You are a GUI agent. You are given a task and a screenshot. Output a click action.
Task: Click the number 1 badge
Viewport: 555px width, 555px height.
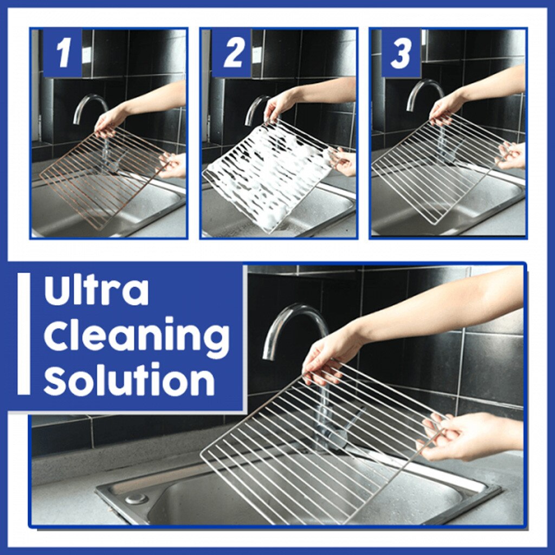[63, 53]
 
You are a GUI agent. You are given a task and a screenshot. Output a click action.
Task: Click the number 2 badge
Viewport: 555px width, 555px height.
[233, 53]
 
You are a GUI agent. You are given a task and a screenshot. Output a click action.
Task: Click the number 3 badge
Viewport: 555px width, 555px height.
[401, 53]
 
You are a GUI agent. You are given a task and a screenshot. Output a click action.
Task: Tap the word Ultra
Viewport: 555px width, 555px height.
[96, 291]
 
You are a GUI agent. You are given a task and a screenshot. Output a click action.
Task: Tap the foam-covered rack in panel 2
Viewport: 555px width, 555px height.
[266, 173]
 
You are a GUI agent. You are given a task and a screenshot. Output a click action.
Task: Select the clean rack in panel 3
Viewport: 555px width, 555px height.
[434, 168]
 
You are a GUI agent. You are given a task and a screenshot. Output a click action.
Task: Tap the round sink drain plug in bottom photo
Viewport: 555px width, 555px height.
[135, 498]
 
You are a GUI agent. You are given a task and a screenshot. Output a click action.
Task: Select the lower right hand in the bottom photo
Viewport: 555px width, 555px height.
[461, 436]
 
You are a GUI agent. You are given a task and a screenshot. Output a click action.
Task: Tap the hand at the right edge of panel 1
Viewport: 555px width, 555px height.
[175, 166]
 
